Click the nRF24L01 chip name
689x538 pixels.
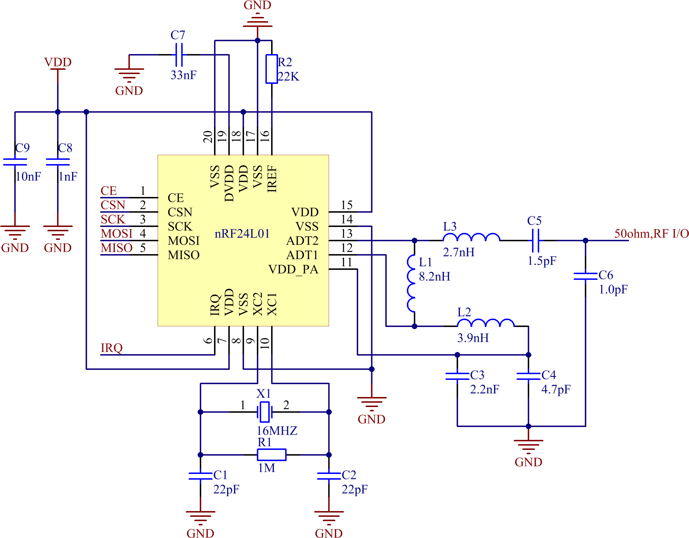coord(242,234)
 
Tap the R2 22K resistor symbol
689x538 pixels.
coord(271,69)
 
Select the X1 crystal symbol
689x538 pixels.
coord(264,412)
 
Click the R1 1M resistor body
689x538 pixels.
coord(271,455)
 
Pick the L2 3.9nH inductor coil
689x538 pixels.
coord(485,323)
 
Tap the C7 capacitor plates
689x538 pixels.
coord(179,55)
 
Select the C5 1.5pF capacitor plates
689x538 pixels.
coord(535,241)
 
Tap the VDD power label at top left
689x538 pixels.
coord(58,62)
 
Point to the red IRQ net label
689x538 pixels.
coord(111,348)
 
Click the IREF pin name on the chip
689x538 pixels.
coord(272,179)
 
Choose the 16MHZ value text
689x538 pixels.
coord(277,431)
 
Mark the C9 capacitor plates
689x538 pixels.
coord(15,162)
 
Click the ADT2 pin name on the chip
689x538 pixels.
coord(302,241)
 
